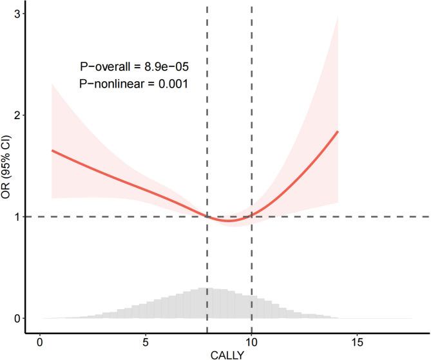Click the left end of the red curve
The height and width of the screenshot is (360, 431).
(x=52, y=150)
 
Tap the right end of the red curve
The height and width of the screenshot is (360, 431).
(x=338, y=131)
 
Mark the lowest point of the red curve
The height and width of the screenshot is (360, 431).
(x=229, y=221)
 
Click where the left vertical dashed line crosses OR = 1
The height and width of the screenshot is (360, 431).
(x=207, y=216)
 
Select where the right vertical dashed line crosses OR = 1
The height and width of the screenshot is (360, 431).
(x=251, y=216)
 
